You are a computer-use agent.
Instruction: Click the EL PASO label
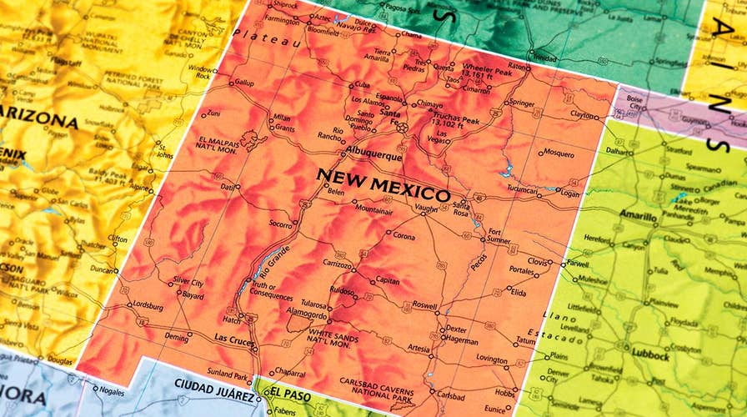coord(289,390)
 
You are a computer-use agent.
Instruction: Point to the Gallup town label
coord(243,83)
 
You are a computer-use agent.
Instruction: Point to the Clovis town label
coord(538,262)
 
